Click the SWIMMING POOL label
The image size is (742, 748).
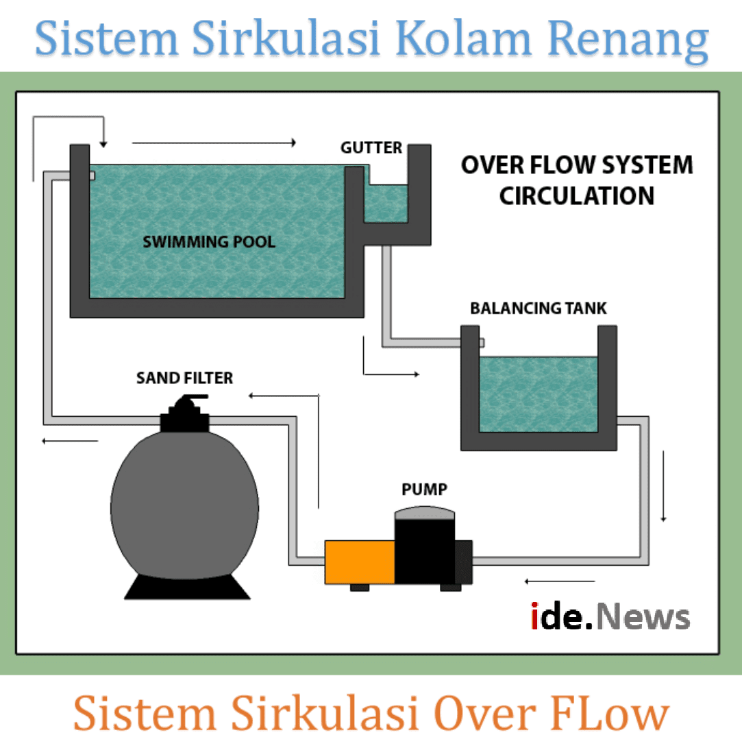point(208,241)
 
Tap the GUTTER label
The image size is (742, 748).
point(371,147)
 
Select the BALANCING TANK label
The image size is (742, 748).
point(538,308)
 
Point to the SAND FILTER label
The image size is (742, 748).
point(184,378)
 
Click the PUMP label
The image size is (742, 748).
point(424,490)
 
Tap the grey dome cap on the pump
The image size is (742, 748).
point(425,512)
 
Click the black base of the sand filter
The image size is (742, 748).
point(186,586)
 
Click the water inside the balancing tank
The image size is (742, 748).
point(538,394)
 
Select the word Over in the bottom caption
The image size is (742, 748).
point(484,713)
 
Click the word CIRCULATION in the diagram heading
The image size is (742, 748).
point(576,195)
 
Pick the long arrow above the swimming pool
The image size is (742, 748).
point(214,143)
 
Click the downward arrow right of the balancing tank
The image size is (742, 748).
point(663,486)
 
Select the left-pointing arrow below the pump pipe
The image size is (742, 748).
point(559,581)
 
